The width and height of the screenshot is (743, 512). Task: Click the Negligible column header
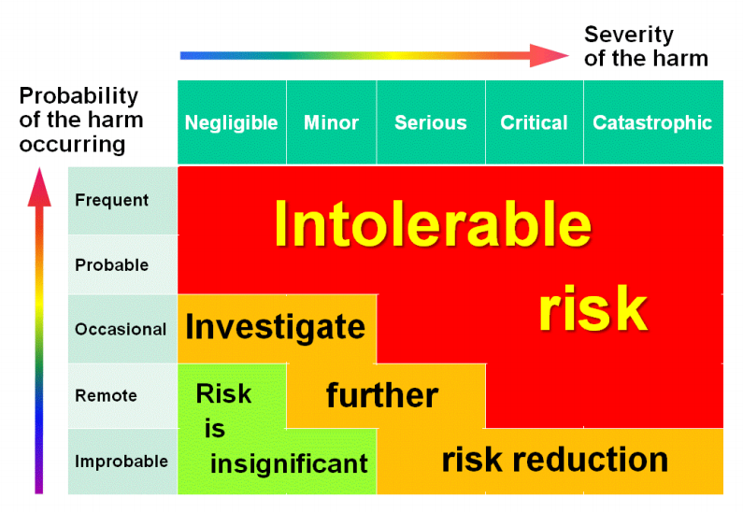pos(231,122)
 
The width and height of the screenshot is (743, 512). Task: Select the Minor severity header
pos(331,122)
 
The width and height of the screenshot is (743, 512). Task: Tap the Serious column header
pos(431,122)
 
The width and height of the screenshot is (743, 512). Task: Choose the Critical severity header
pos(534,122)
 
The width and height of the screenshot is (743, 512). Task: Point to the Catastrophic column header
pos(653,122)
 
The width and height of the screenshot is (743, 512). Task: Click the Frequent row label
pos(112,200)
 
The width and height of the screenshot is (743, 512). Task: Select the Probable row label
pos(112,264)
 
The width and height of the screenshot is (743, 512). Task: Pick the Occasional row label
pos(121,329)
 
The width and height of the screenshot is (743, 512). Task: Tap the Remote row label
pos(107,395)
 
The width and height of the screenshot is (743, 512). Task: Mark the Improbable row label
pos(121,462)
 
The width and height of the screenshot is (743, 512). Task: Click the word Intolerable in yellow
pos(433,224)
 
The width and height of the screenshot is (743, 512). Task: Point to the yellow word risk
pos(593,308)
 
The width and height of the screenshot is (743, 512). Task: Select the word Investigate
pos(276,327)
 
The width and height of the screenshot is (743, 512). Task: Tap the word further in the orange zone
pos(382,395)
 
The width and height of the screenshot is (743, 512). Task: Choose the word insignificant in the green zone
pos(289,463)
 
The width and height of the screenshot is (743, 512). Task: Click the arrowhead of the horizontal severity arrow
pos(549,55)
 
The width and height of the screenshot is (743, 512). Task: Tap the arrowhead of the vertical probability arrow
pos(39,187)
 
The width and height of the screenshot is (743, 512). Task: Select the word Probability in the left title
pos(79,96)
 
